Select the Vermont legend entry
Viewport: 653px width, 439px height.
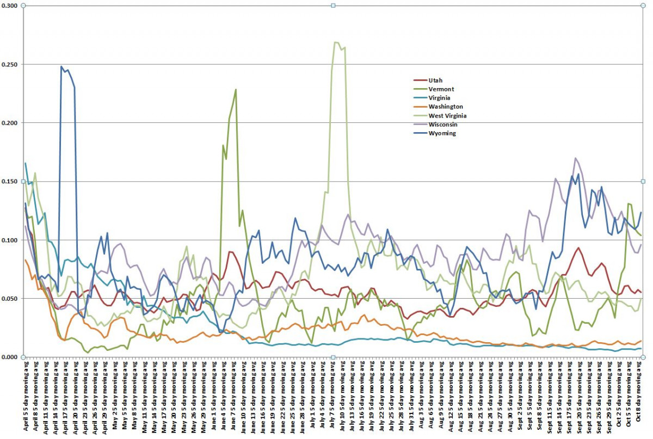441,89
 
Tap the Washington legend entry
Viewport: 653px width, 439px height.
446,107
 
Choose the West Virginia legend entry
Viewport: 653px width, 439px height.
447,115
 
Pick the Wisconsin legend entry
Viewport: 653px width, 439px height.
443,125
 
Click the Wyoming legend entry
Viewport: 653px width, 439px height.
442,133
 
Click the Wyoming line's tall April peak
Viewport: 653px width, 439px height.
61,67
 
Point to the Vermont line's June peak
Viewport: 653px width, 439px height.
236,90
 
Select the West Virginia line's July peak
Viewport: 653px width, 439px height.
336,42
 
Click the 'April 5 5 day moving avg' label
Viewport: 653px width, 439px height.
26,397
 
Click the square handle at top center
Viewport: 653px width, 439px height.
333,6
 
